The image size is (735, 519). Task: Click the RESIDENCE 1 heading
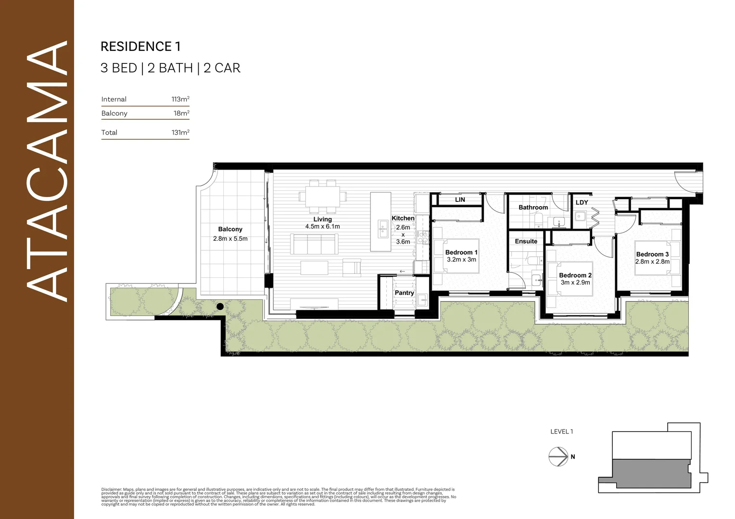pyautogui.click(x=140, y=47)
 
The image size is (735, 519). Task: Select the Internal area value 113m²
pyautogui.click(x=180, y=99)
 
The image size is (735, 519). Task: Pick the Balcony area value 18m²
pyautogui.click(x=181, y=113)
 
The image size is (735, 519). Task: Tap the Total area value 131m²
pyautogui.click(x=180, y=133)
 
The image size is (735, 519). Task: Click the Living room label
pyautogui.click(x=322, y=219)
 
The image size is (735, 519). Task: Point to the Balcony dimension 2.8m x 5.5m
pyautogui.click(x=230, y=239)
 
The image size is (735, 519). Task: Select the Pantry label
pyautogui.click(x=404, y=293)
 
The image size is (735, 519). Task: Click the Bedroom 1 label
pyautogui.click(x=461, y=252)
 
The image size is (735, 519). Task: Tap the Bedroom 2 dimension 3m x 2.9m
pyautogui.click(x=575, y=283)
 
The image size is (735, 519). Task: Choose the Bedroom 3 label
pyautogui.click(x=652, y=254)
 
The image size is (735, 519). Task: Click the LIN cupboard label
pyautogui.click(x=460, y=200)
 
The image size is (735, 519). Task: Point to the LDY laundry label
pyautogui.click(x=582, y=203)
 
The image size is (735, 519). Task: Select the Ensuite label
pyautogui.click(x=526, y=241)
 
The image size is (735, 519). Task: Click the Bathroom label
pyautogui.click(x=533, y=208)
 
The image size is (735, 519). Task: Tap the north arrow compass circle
pyautogui.click(x=558, y=457)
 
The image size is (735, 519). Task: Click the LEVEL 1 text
pyautogui.click(x=561, y=432)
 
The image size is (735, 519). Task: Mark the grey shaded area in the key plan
pyautogui.click(x=649, y=473)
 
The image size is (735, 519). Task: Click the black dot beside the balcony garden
pyautogui.click(x=220, y=306)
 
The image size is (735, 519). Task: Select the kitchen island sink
pyautogui.click(x=383, y=229)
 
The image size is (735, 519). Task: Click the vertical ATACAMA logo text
pyautogui.click(x=47, y=171)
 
